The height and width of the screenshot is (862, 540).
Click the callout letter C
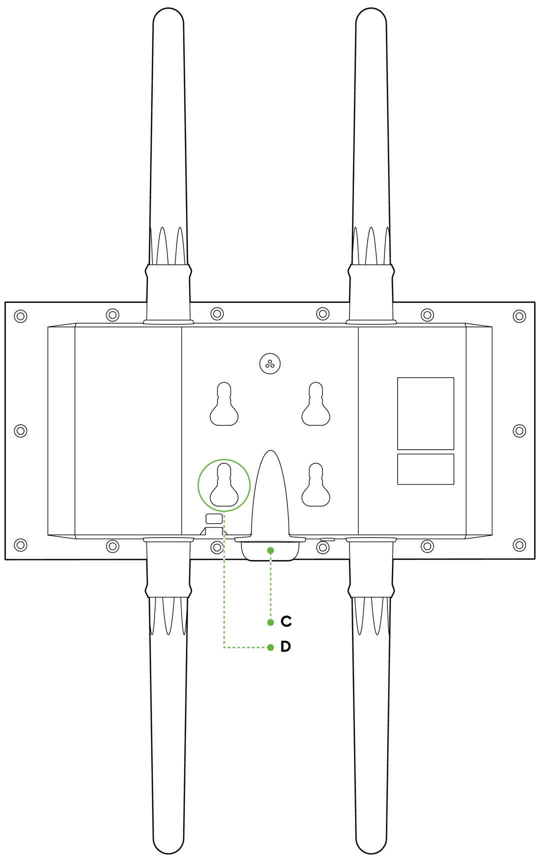tap(286, 621)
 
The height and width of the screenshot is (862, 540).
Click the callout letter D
tap(285, 647)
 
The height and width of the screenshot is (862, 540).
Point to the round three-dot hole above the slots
tap(270, 364)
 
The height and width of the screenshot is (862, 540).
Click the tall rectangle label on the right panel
tap(425, 413)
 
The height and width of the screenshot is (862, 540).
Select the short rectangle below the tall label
tap(425, 469)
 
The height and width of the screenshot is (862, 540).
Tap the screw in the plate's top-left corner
tap(20, 316)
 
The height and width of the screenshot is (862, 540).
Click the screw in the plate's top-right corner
tap(519, 316)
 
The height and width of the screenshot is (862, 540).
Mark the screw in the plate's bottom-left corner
tap(20, 545)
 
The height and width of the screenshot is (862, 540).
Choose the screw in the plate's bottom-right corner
tap(519, 545)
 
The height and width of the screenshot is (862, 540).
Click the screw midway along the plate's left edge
tap(20, 431)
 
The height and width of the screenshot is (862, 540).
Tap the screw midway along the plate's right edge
tap(519, 431)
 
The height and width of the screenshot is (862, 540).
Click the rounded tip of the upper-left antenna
tap(168, 17)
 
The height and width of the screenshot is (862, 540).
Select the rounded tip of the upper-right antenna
tap(371, 17)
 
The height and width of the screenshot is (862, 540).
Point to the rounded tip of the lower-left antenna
tap(168, 845)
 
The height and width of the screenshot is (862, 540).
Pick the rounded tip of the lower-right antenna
tap(371, 845)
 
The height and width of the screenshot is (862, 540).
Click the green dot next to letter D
tap(270, 647)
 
